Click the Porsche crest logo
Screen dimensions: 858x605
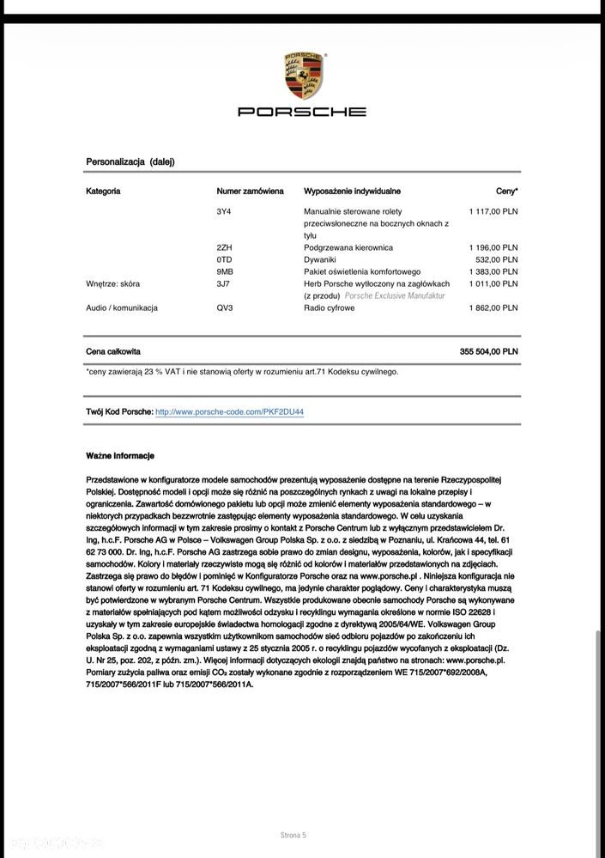(x=302, y=76)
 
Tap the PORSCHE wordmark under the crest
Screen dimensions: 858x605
(x=302, y=112)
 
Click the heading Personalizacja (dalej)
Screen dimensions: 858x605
(x=130, y=161)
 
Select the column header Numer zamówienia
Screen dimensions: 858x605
(x=250, y=192)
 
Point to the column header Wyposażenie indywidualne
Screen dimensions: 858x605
(x=352, y=192)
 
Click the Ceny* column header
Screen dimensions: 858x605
(x=506, y=192)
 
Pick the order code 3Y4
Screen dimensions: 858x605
(x=225, y=211)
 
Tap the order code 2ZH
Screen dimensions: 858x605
(x=226, y=247)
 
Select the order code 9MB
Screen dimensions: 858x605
(x=226, y=271)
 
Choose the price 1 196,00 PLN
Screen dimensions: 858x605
(x=493, y=247)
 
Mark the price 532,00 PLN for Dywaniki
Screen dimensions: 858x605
(x=497, y=259)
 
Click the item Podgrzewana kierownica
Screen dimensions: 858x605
(x=348, y=247)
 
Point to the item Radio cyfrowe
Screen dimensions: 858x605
(x=329, y=307)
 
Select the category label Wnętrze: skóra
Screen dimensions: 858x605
(x=113, y=283)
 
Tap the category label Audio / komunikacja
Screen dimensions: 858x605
(x=122, y=307)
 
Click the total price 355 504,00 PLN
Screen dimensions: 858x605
(x=488, y=351)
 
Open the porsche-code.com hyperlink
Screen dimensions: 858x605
(x=229, y=412)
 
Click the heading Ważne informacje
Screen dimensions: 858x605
(x=120, y=455)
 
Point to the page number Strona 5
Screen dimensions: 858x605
(x=293, y=835)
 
